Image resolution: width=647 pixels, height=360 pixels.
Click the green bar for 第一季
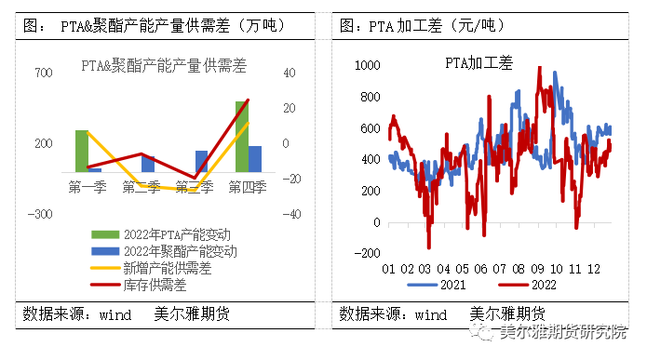pos(82,151)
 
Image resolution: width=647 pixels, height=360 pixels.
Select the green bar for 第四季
pos(241,136)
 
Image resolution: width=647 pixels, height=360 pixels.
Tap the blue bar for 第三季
pos(201,161)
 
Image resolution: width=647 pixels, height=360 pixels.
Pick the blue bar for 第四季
pos(255,158)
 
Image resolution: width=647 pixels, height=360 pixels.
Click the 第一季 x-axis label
pos(88,187)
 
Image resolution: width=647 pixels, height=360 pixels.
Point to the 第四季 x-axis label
pos(248,187)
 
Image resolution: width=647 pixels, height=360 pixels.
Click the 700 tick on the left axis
pos(42,73)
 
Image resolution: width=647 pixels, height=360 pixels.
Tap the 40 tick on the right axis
pos(290,73)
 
